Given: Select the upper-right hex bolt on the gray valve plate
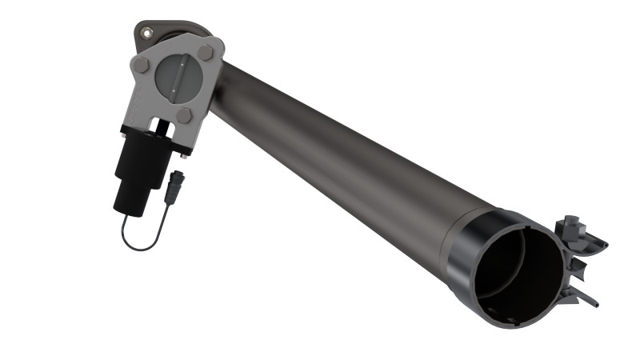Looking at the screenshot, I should coord(205,53).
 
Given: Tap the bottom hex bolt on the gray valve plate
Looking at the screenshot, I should coord(184,116).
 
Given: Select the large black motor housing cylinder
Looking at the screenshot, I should coord(142,160).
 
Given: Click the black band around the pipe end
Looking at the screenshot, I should coord(464,248).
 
